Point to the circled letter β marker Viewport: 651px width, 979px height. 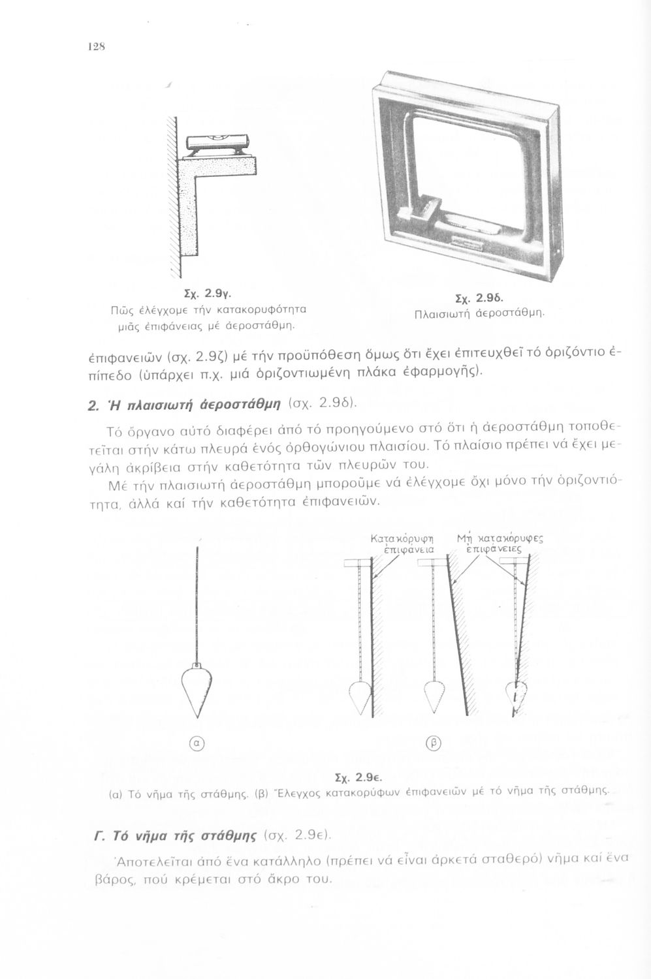(430, 741)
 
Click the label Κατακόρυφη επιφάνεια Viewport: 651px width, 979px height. (402, 544)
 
